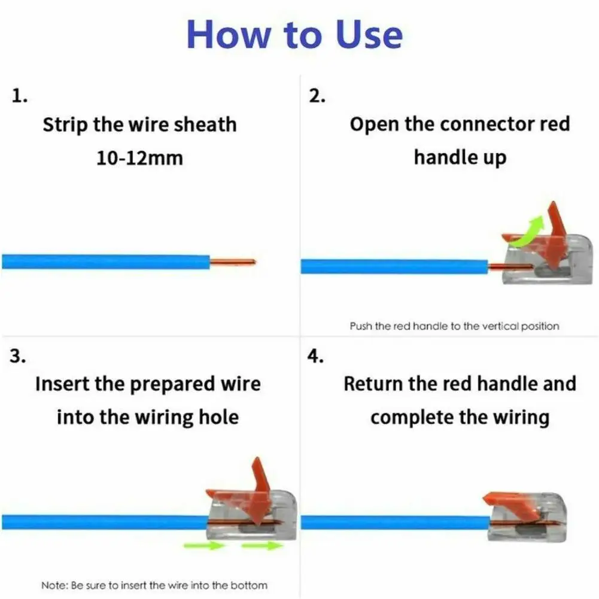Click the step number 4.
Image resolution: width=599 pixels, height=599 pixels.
[x=315, y=357]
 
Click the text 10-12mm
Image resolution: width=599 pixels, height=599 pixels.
[x=139, y=158]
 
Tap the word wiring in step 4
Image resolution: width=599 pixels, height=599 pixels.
[x=519, y=416]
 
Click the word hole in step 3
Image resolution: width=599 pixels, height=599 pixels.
[x=218, y=416]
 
